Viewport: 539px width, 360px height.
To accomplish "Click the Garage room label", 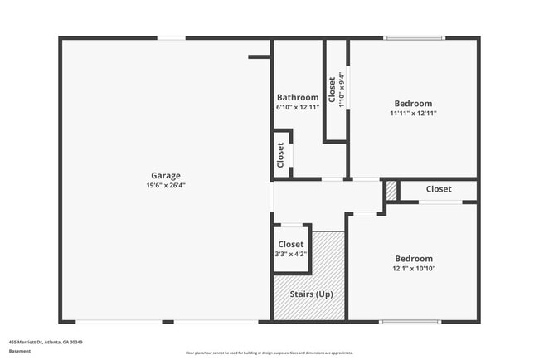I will tap(166, 175).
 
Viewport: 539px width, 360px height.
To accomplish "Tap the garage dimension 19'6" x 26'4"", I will tap(166, 186).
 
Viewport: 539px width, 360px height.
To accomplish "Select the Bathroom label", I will tap(298, 97).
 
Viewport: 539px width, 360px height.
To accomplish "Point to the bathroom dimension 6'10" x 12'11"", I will tap(298, 108).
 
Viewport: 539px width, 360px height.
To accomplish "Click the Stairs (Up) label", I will tap(311, 294).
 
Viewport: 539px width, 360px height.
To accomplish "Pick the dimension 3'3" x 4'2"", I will tap(291, 254).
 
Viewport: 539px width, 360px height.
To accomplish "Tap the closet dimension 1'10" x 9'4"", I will tap(342, 89).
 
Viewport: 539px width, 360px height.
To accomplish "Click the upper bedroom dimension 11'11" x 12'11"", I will tap(414, 114).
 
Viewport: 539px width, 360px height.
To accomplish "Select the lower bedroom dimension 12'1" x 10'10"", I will tap(414, 269).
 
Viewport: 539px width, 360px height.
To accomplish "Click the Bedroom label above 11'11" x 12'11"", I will tap(414, 103).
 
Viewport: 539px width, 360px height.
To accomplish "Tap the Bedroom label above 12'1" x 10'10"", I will tap(414, 258).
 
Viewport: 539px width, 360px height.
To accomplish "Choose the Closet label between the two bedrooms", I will tap(439, 189).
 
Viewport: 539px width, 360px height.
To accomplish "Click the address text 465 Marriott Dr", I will tap(46, 342).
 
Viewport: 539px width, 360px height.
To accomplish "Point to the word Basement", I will tap(20, 351).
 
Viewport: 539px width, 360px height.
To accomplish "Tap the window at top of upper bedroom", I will tap(414, 37).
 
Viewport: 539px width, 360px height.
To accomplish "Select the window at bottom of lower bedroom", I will tap(409, 321).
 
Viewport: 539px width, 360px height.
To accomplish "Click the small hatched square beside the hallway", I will tap(391, 190).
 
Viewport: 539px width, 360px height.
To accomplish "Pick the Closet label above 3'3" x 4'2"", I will tap(291, 244).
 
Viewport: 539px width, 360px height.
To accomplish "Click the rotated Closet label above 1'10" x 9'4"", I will tap(332, 89).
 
